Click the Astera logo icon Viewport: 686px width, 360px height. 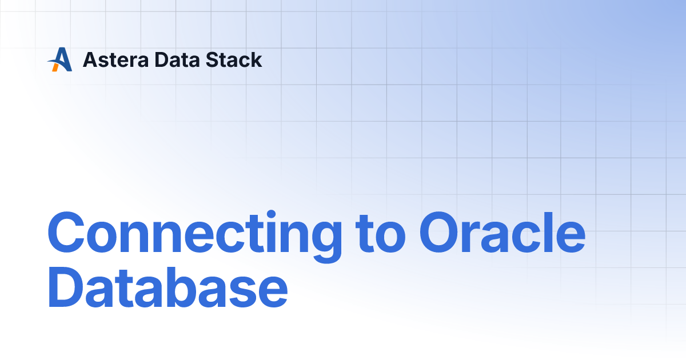point(59,59)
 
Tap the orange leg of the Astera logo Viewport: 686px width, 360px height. point(55,67)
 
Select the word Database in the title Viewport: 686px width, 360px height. point(167,290)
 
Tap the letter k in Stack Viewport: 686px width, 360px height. point(256,59)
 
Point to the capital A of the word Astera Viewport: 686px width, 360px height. point(90,59)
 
